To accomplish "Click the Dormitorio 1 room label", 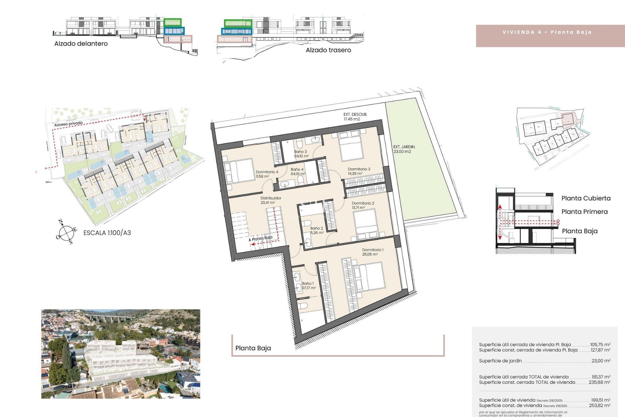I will (x=373, y=252).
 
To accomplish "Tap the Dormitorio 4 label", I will (x=267, y=174).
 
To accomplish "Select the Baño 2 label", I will (x=316, y=230).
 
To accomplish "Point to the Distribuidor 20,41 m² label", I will (x=271, y=200).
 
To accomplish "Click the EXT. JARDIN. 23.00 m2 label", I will (x=404, y=149).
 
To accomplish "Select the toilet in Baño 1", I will (x=303, y=307).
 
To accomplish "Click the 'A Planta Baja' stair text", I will (x=261, y=238).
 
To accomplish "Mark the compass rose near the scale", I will (x=66, y=232).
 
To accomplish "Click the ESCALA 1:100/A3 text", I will (x=107, y=233).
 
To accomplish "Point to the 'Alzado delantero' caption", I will (x=81, y=44).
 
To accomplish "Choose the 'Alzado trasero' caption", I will (x=328, y=50).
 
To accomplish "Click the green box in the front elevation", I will (x=173, y=22).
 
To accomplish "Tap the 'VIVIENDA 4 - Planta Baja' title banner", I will (x=547, y=32).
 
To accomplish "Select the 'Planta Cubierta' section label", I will (x=586, y=198).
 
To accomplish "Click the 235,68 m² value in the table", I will (x=599, y=382).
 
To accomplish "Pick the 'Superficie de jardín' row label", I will (x=500, y=361).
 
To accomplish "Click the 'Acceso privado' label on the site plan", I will (x=68, y=124).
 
